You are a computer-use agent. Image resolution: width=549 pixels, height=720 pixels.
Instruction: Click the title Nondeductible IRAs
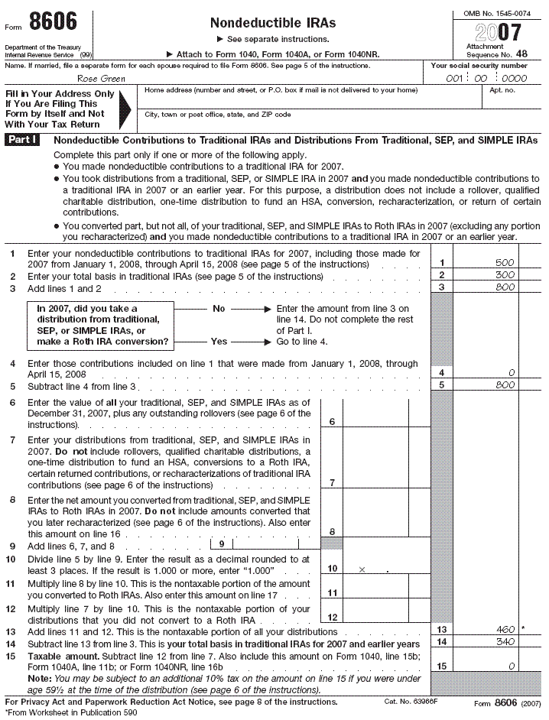pyautogui.click(x=273, y=23)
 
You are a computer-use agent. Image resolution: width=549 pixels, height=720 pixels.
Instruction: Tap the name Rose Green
pyautogui.click(x=102, y=77)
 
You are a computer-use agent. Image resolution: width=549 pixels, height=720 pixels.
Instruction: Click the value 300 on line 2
pyautogui.click(x=504, y=275)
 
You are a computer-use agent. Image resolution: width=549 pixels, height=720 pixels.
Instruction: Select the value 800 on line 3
pyautogui.click(x=504, y=287)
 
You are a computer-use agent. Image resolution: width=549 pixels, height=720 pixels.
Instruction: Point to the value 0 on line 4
pyautogui.click(x=511, y=372)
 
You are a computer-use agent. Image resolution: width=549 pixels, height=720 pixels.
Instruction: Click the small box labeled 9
pyautogui.click(x=221, y=545)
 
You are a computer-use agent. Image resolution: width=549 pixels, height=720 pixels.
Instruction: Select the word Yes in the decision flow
pyautogui.click(x=219, y=342)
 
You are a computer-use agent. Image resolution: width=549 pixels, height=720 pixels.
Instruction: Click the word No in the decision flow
pyautogui.click(x=219, y=309)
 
